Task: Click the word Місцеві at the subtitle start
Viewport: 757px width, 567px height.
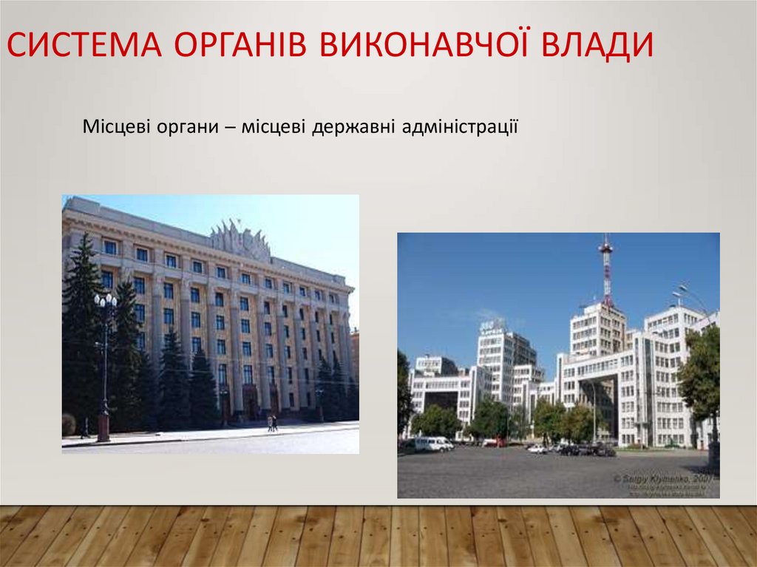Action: pos(116,127)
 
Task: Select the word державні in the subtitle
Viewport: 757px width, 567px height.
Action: pos(353,127)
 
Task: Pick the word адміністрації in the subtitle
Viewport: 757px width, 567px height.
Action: pos(460,127)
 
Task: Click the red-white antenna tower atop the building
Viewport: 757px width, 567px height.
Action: pos(605,270)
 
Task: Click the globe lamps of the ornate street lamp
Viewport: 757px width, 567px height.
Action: pos(106,302)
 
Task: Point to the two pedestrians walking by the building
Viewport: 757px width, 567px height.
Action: pos(272,423)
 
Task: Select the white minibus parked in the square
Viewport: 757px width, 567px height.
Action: pos(432,444)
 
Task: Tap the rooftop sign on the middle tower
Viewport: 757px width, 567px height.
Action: pos(492,325)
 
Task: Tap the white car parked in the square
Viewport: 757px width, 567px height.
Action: pos(537,449)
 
